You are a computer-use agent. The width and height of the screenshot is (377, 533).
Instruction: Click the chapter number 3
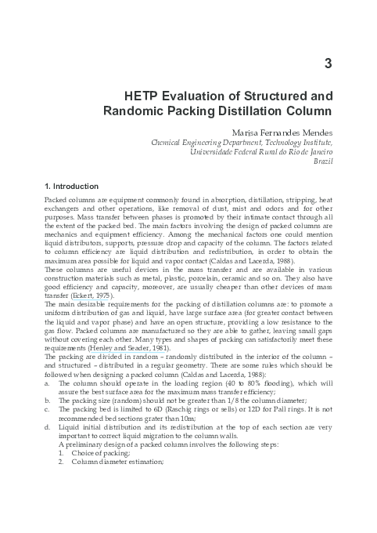328,63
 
